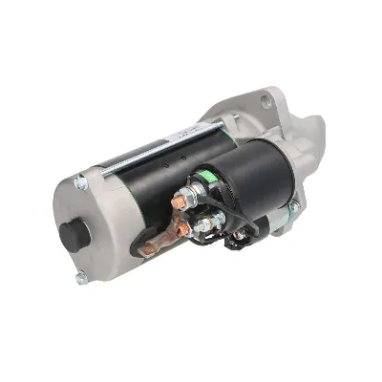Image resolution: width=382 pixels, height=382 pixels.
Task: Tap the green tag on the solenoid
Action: (204, 176)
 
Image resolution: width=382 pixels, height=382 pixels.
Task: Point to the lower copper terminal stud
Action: (180, 228)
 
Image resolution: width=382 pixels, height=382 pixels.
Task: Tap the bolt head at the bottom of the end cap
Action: (80, 278)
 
